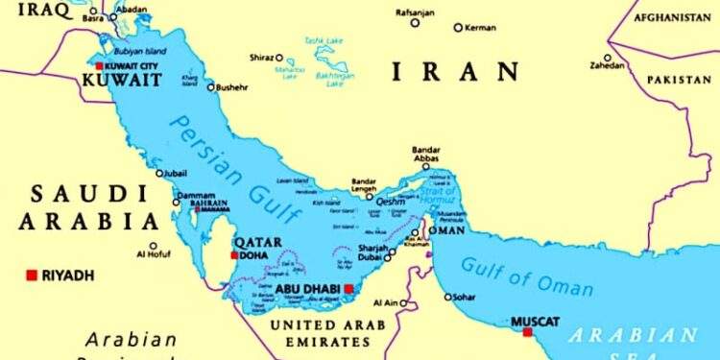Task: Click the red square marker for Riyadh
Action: tap(32, 276)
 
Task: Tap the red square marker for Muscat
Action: tap(527, 332)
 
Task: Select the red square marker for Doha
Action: tap(234, 255)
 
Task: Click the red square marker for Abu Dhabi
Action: tap(349, 288)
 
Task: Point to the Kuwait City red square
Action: tap(99, 66)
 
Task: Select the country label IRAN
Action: tap(455, 72)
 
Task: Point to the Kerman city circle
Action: tap(458, 28)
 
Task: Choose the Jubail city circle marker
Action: tap(160, 174)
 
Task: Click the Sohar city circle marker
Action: tap(445, 298)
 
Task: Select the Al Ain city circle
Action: tap(403, 303)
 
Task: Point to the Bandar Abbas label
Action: tap(425, 156)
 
